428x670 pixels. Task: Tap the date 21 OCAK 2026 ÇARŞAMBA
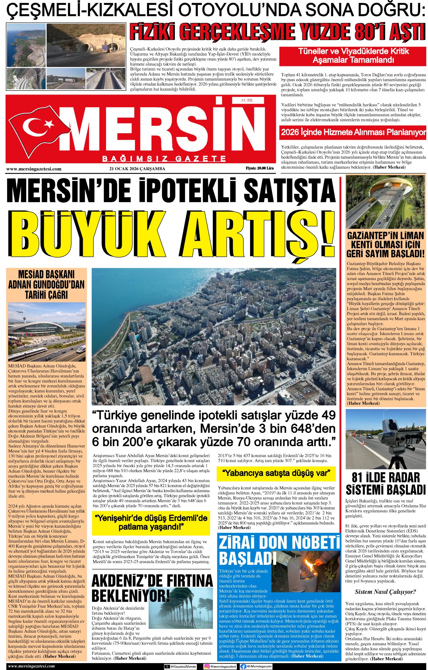(137, 169)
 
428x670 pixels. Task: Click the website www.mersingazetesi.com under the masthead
(34, 169)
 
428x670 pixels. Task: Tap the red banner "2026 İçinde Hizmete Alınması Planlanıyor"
(353, 132)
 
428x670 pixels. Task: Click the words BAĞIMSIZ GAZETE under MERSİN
(164, 159)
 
